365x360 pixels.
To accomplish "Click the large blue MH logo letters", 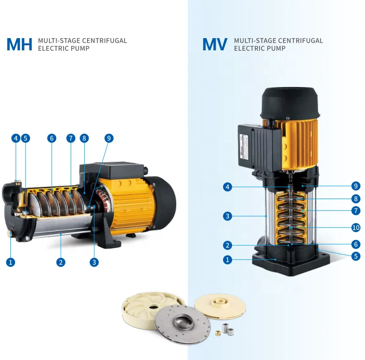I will pyautogui.click(x=19, y=44).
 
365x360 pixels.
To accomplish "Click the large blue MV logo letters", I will pyautogui.click(x=215, y=44).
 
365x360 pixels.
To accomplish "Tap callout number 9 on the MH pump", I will pyautogui.click(x=109, y=138).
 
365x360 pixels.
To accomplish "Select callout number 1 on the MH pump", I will pyautogui.click(x=10, y=263).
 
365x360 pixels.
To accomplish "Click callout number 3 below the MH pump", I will pyautogui.click(x=95, y=263).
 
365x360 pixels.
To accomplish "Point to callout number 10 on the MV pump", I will pyautogui.click(x=356, y=228).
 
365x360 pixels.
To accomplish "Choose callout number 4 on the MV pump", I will pyautogui.click(x=227, y=187).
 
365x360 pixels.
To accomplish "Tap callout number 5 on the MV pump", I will pyautogui.click(x=356, y=256).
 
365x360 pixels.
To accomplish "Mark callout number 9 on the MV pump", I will pyautogui.click(x=356, y=185).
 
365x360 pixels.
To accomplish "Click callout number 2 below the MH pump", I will pyautogui.click(x=61, y=263).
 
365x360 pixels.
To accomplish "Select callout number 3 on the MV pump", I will pyautogui.click(x=227, y=216).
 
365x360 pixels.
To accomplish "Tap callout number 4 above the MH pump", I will pyautogui.click(x=16, y=138).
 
